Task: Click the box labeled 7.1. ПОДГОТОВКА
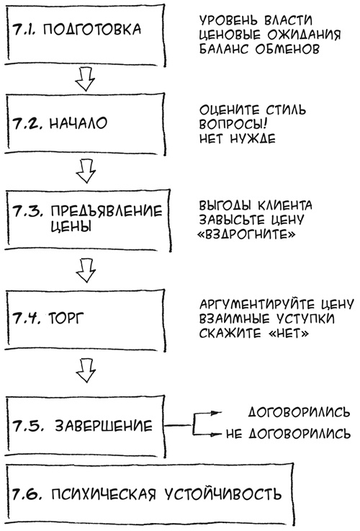pyautogui.click(x=85, y=33)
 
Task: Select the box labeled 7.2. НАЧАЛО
pyautogui.click(x=85, y=123)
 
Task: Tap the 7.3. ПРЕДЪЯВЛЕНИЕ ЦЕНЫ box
pyautogui.click(x=85, y=218)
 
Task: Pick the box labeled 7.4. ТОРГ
pyautogui.click(x=85, y=316)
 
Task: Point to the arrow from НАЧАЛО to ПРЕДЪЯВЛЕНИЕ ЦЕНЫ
pyautogui.click(x=86, y=171)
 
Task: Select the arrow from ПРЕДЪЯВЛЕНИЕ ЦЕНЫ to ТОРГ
pyautogui.click(x=86, y=269)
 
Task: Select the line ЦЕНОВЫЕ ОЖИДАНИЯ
pyautogui.click(x=266, y=32)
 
